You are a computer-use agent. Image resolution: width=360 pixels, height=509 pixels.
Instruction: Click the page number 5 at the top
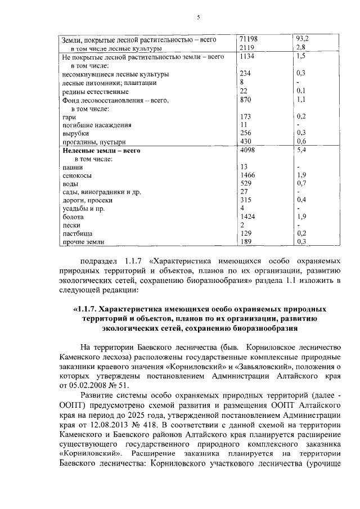(x=198, y=17)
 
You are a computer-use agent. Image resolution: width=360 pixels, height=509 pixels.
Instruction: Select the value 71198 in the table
(x=248, y=39)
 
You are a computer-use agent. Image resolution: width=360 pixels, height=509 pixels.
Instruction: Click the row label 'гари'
(x=67, y=116)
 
